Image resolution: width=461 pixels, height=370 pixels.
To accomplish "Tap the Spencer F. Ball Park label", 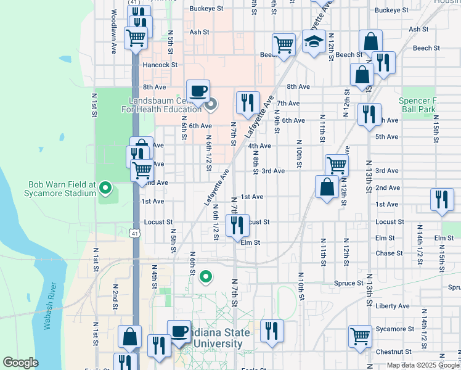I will tap(418, 105).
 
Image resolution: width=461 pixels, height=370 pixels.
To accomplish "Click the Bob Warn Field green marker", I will tap(105, 187).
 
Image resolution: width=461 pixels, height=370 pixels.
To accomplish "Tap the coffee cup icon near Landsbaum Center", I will tap(198, 91).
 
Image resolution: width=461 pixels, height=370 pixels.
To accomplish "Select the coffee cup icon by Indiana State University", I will tap(179, 332).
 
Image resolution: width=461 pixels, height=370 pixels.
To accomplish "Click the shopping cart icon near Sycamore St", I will tap(360, 337).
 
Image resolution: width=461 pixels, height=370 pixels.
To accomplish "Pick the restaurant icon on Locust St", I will tap(237, 226).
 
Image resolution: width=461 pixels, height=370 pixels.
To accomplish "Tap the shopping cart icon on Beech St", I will tap(284, 44).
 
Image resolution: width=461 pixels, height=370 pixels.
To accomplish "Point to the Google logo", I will tap(21, 363).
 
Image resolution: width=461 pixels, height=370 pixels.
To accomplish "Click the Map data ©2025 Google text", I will tap(423, 366).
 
